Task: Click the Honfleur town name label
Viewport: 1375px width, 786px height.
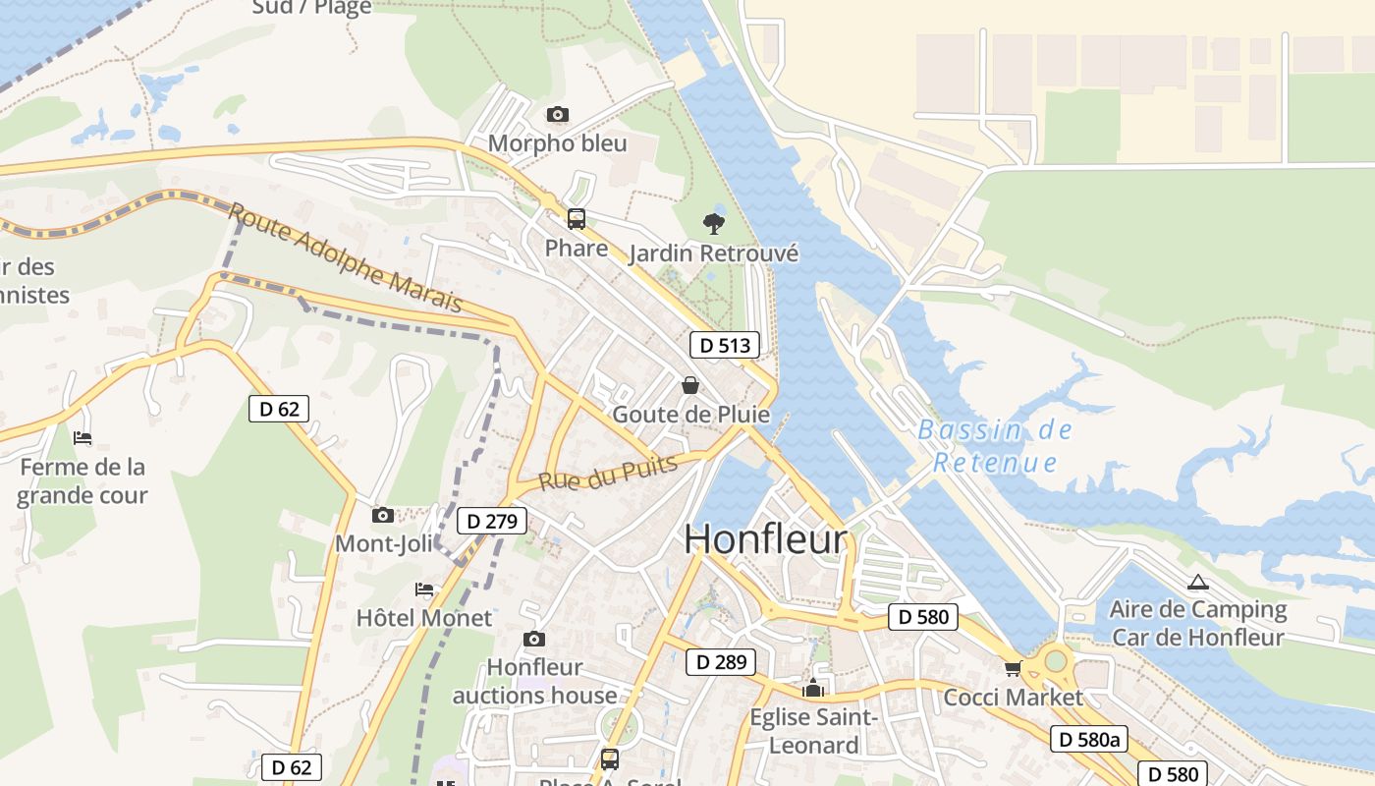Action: pos(765,539)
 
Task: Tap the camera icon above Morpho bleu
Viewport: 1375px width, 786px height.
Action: pos(557,115)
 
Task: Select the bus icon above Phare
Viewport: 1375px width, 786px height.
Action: pos(577,219)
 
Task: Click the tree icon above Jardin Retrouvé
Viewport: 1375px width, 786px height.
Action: pos(714,224)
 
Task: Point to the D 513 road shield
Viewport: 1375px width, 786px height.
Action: pos(725,345)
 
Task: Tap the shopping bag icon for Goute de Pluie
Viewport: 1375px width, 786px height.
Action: pos(690,385)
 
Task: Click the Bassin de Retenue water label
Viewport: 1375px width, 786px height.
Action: pos(995,446)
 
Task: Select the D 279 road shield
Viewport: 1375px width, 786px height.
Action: pos(492,521)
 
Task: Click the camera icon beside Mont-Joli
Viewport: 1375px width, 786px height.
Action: pos(383,515)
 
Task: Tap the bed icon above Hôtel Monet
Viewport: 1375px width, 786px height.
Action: pos(424,589)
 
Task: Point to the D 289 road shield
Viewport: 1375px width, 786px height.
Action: pos(721,662)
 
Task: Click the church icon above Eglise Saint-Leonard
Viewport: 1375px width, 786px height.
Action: pos(812,689)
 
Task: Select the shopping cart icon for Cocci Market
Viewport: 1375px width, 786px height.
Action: pos(1013,669)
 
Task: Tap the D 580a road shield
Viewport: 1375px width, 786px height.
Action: pos(1087,739)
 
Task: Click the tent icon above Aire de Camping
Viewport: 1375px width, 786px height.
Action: pos(1197,582)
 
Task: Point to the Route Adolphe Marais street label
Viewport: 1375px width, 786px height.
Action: pos(346,257)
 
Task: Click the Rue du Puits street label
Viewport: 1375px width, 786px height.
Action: pos(609,474)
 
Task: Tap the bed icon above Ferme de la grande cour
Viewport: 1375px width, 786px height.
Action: pos(82,438)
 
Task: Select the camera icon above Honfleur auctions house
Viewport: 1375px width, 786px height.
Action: pos(534,640)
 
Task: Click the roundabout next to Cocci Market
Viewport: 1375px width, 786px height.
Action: pos(1056,660)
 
